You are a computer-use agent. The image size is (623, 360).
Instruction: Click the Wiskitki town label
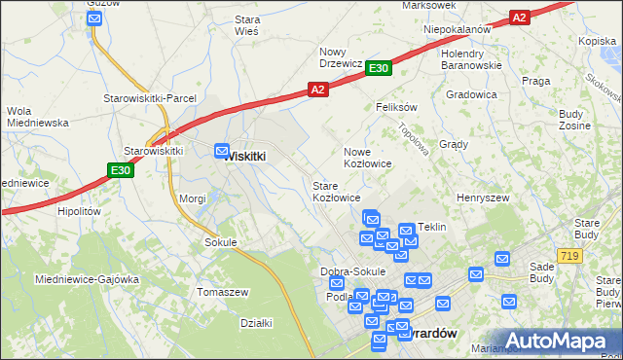[246, 156]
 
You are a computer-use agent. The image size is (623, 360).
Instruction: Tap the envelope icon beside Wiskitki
[222, 151]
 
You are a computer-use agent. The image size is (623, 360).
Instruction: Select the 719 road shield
[569, 255]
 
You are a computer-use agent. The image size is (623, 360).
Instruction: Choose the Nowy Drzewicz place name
[340, 57]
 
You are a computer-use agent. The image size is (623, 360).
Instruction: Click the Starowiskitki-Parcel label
[151, 98]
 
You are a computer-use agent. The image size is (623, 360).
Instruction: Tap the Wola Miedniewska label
[35, 117]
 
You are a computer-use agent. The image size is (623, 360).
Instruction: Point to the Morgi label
[192, 198]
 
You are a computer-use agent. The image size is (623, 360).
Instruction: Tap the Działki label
[256, 323]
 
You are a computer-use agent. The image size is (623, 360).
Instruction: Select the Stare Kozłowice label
[336, 191]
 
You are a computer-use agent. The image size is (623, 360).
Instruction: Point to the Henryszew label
[483, 197]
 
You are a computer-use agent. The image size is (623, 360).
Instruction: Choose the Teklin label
[431, 227]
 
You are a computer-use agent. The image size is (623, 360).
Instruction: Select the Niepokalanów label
[457, 29]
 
